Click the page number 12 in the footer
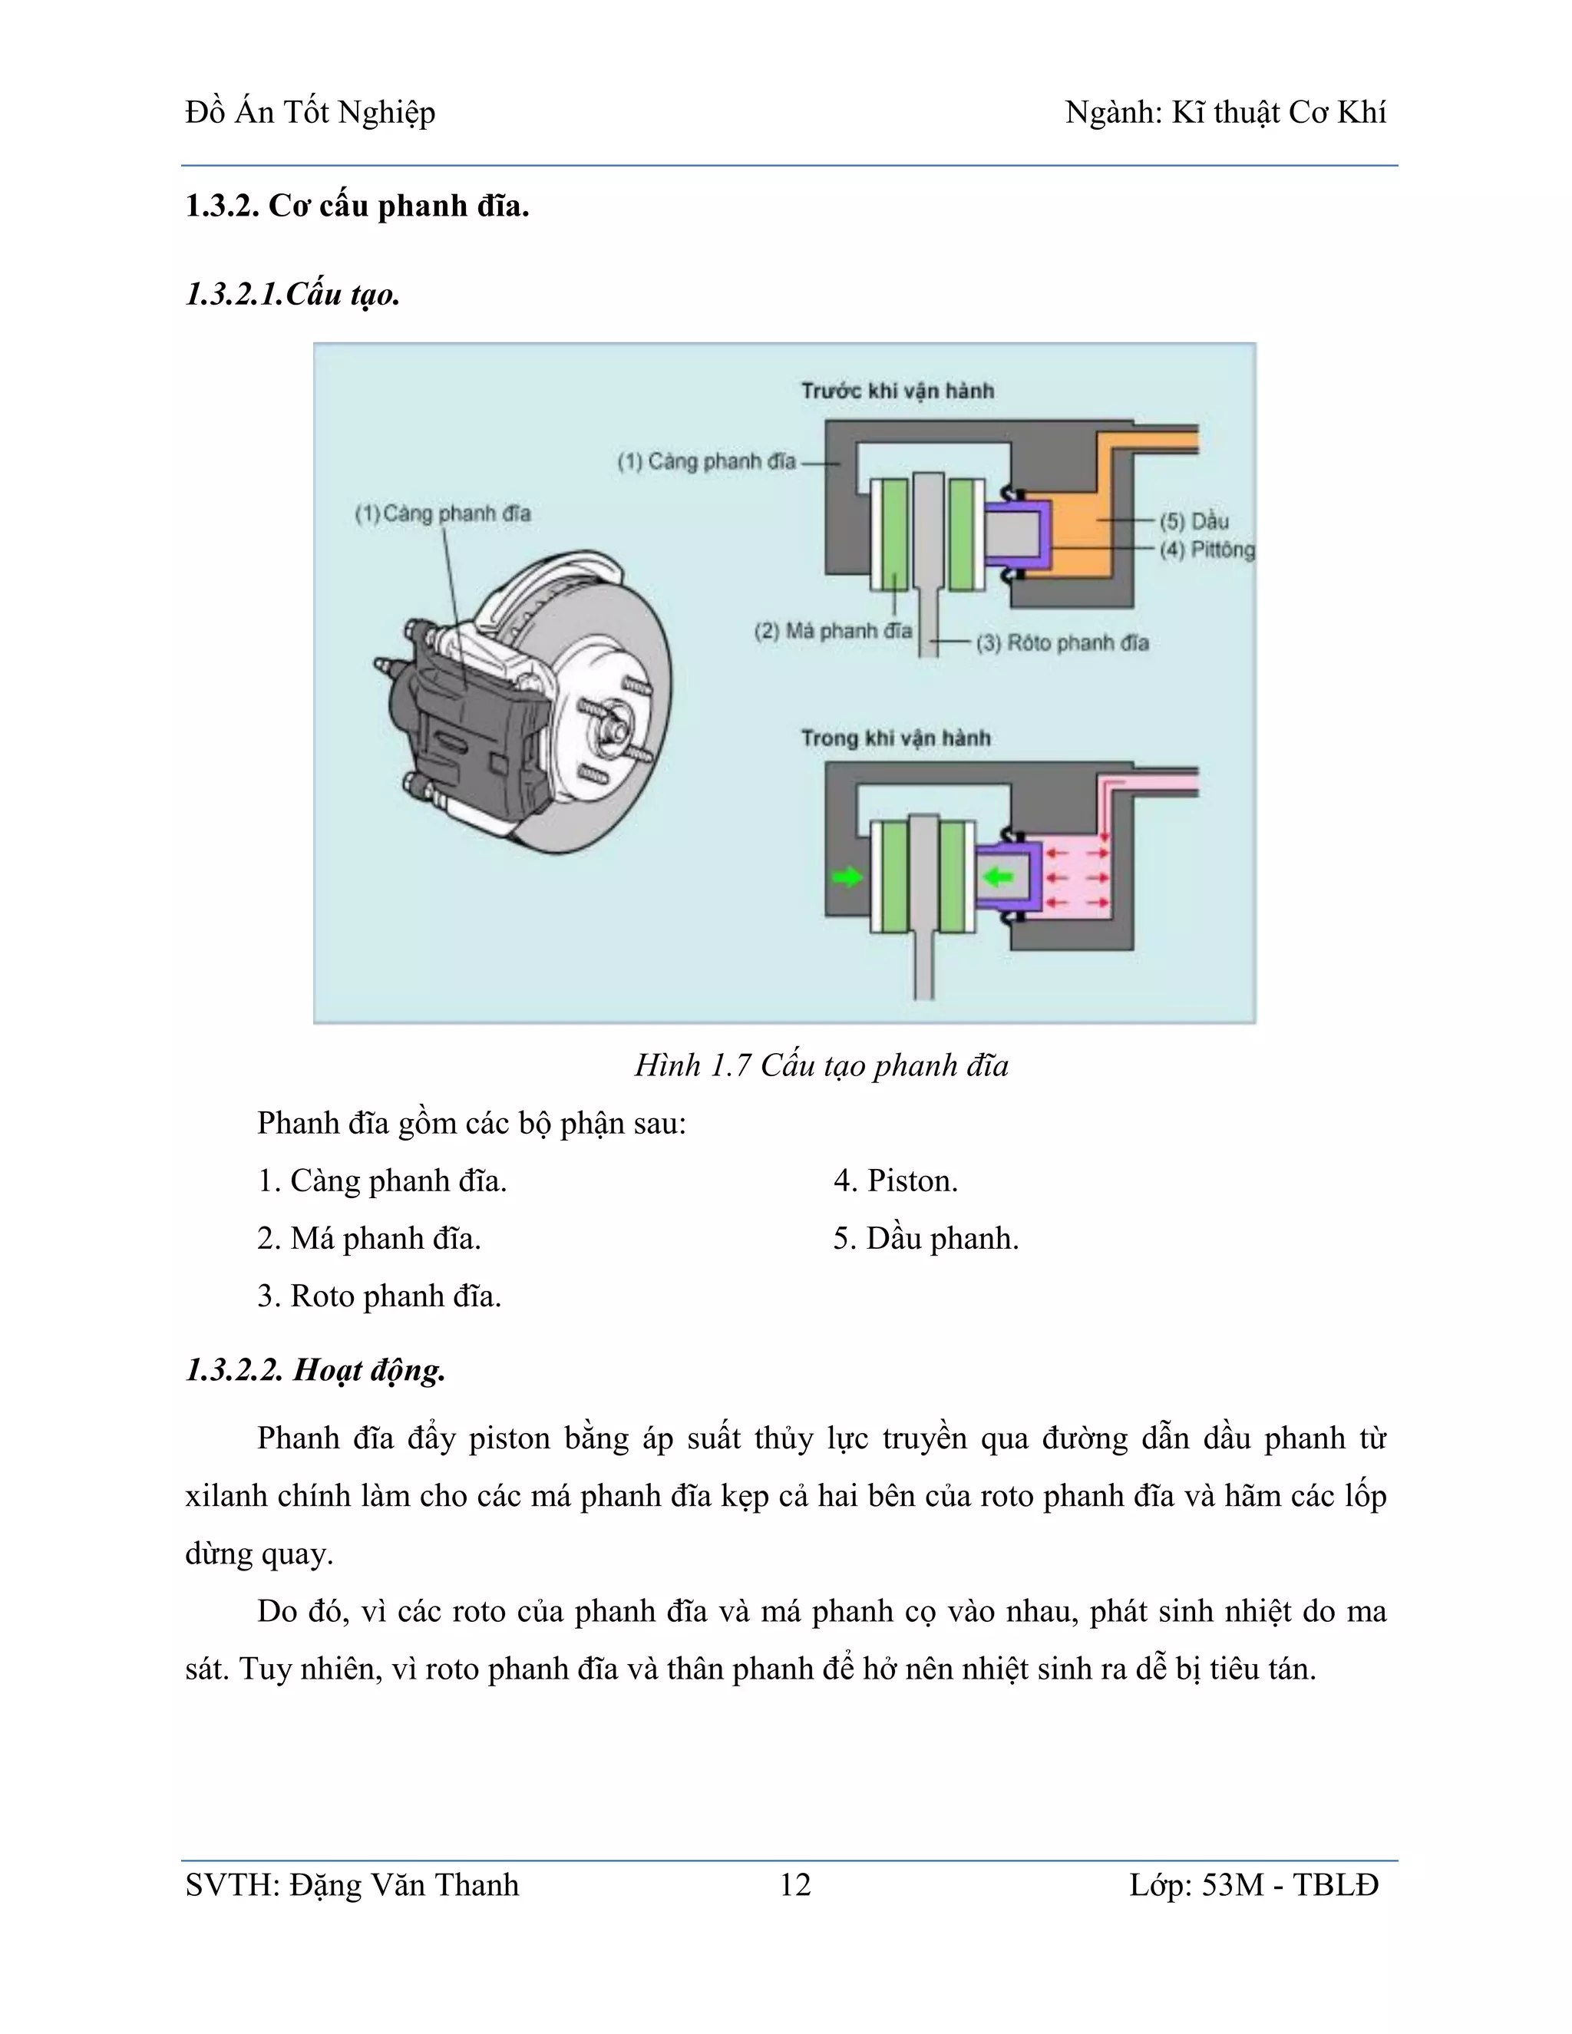pos(794,1885)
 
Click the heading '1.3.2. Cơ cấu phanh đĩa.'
pos(357,206)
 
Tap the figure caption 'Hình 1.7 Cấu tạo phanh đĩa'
pos(821,1065)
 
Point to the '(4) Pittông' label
pos(1207,550)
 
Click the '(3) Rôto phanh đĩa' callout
pos(1062,642)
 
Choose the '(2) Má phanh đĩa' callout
pos(833,630)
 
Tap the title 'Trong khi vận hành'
pos(895,738)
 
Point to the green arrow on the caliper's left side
pos(847,877)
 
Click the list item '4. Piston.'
pos(895,1181)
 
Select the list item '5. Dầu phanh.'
pos(926,1239)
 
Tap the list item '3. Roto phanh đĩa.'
pos(379,1296)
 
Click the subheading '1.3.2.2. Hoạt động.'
pos(315,1370)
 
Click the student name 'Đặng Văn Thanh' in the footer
pos(403,1885)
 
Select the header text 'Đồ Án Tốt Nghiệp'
pos(310,113)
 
